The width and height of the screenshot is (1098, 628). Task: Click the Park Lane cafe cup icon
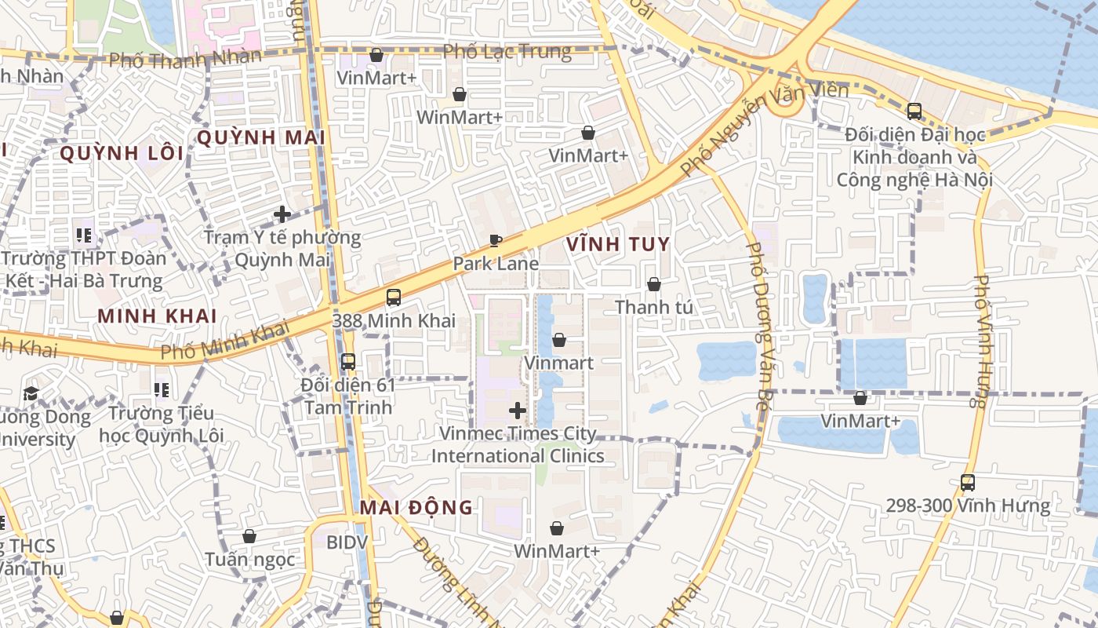pos(495,240)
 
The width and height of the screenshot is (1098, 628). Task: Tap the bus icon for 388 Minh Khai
pos(394,298)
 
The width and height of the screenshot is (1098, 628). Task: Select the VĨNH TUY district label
pos(618,244)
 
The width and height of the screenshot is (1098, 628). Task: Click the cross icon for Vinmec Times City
pos(518,410)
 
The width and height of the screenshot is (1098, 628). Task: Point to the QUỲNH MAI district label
pos(260,137)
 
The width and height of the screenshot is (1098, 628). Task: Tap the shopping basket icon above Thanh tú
pos(653,284)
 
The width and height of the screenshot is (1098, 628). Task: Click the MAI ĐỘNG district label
pos(416,507)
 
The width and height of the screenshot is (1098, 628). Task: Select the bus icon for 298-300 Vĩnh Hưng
pos(968,483)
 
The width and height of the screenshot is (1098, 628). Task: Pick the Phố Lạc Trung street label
pos(507,52)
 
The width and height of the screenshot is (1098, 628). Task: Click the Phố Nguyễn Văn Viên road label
pos(764,129)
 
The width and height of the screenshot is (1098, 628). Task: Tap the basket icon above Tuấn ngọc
pos(249,536)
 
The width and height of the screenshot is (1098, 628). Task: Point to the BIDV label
pos(346,542)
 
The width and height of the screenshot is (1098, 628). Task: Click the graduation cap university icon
pos(31,392)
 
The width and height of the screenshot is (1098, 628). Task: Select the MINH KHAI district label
pos(157,316)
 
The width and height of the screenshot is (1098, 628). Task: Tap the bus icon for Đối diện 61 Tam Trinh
pos(348,362)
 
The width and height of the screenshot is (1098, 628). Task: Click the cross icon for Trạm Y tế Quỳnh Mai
pos(282,214)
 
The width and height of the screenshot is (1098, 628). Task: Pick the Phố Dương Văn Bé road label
pos(758,326)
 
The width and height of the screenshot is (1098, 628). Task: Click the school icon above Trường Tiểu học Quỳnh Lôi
pos(162,389)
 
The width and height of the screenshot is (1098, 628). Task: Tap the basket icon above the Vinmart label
pos(558,340)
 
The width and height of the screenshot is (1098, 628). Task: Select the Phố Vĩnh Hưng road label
pos(980,341)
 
